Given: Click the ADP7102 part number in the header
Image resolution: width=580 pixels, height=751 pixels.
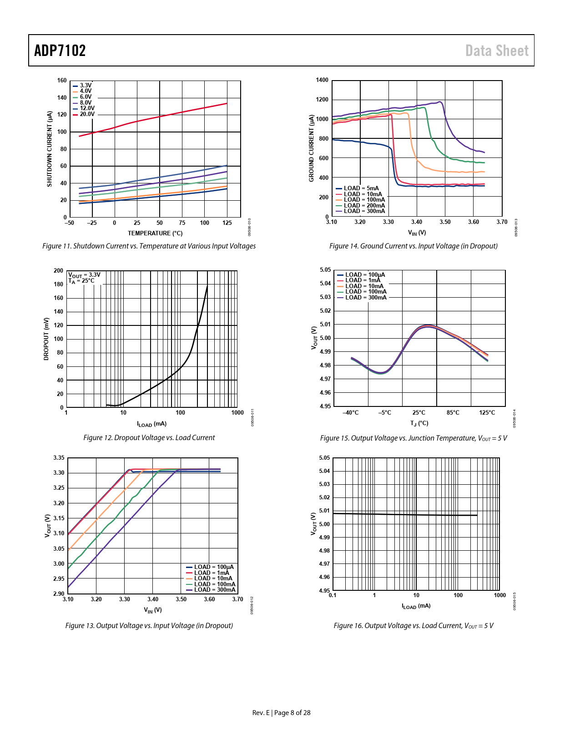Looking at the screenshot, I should tap(60, 51).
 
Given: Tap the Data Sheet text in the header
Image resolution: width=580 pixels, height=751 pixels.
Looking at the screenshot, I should tap(497, 51).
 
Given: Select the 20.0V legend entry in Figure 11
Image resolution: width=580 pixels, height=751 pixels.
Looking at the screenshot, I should tap(87, 114).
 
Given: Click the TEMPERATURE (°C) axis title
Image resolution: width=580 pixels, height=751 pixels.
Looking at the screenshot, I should tap(155, 233).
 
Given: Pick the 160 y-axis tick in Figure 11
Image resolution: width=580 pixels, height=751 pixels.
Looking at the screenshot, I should tap(62, 81).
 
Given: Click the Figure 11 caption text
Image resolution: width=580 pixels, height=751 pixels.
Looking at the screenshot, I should tap(149, 246).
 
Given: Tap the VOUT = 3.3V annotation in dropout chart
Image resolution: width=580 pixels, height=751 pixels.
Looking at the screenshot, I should tap(84, 275).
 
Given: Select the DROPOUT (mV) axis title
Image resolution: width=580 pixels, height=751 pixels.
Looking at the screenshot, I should tap(46, 339).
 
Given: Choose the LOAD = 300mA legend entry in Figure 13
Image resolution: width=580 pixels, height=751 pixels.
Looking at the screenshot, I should tap(214, 590).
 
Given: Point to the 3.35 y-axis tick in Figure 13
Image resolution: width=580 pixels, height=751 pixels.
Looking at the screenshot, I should tap(59, 458).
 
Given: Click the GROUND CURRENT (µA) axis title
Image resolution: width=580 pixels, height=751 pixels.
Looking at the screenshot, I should tap(311, 148).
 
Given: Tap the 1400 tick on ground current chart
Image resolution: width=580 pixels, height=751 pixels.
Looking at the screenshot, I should tap(322, 80).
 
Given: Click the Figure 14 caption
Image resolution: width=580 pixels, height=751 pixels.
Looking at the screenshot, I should tap(413, 246).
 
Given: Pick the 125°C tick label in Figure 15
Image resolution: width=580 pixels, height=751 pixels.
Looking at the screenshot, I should tap(487, 413).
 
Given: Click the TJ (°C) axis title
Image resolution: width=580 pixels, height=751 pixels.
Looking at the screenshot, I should tap(419, 424).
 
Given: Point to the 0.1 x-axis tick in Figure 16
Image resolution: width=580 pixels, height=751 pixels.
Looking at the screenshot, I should tap(333, 595).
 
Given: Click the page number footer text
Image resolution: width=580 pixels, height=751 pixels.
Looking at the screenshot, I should tap(281, 713).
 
